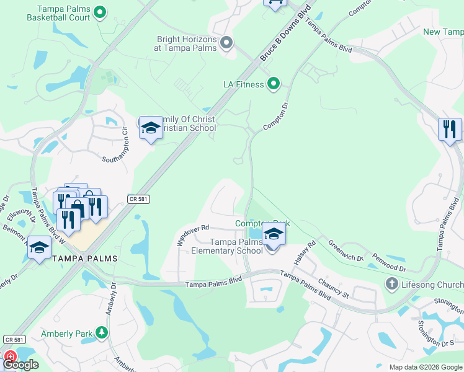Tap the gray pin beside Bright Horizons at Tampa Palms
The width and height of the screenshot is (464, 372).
[226, 43]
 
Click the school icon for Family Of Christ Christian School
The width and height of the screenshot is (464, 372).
[150, 128]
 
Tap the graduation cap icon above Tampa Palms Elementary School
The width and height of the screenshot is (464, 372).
[272, 233]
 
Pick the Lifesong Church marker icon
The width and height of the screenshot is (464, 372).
[391, 284]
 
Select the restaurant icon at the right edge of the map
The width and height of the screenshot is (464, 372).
[450, 129]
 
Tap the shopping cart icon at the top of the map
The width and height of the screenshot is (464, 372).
[275, 2]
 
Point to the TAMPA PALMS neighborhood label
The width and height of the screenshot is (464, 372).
[85, 257]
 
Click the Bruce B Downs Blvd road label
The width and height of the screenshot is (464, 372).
[285, 35]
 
